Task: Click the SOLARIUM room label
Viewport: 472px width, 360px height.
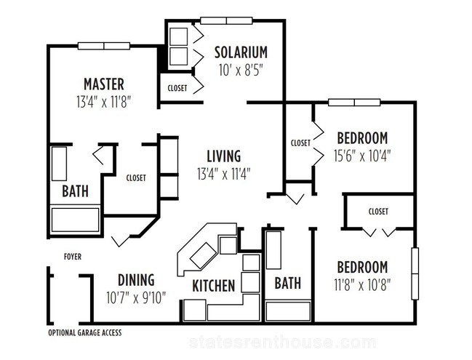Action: [x=241, y=52]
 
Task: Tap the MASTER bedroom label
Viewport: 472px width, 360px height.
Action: [x=104, y=84]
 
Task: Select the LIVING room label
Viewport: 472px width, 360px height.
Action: [x=224, y=156]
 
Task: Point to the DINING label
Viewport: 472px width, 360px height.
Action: [x=136, y=279]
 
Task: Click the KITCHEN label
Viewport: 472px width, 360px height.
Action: [x=213, y=286]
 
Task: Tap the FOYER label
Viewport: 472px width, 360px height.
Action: [x=73, y=257]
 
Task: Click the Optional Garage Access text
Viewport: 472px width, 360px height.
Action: [x=85, y=332]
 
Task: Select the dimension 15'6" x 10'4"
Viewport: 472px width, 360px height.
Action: [x=362, y=156]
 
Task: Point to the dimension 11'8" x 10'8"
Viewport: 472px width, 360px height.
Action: [x=362, y=285]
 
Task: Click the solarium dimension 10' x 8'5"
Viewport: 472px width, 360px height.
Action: [x=241, y=71]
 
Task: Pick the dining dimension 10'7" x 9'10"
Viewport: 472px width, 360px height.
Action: [x=136, y=297]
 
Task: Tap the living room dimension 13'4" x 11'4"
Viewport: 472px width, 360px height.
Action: [x=224, y=174]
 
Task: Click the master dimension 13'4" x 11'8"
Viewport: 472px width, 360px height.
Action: [x=104, y=102]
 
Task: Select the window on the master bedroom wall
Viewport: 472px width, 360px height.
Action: [x=104, y=46]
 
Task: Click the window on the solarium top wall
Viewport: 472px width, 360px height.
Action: [x=226, y=20]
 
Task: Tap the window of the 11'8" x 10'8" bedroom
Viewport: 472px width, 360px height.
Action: [x=415, y=273]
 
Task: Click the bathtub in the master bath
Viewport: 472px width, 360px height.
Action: [x=75, y=220]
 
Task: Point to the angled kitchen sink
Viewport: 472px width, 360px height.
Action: [x=204, y=255]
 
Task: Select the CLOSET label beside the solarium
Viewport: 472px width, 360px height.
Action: [x=177, y=88]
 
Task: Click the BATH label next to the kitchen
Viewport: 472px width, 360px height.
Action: [x=288, y=283]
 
